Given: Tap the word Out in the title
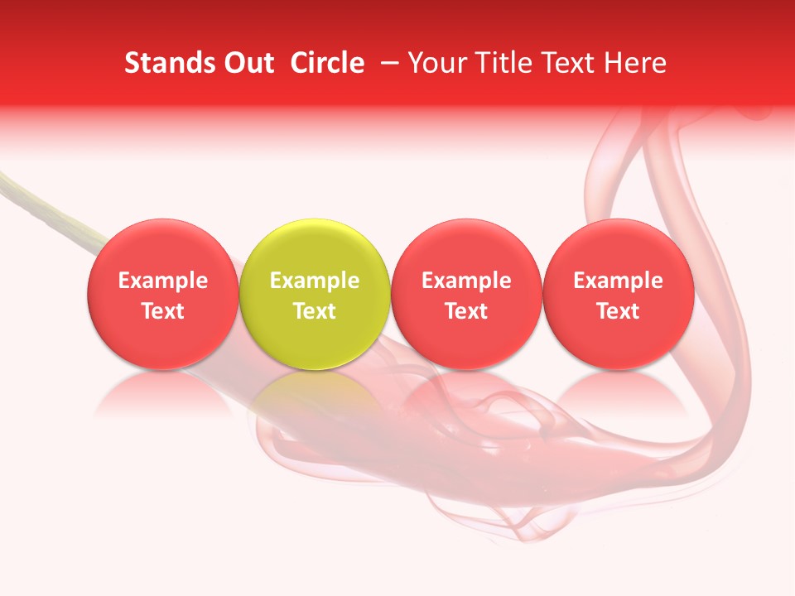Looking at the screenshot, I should (x=248, y=63).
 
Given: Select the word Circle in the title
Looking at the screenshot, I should (x=327, y=63).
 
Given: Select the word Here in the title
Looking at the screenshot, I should (x=635, y=63).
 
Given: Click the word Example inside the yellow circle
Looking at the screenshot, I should (x=315, y=281).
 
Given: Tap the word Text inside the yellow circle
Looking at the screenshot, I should (x=315, y=311).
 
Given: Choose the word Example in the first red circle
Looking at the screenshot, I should (x=163, y=281).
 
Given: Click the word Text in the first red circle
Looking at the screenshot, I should (x=163, y=311).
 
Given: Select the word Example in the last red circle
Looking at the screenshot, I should (x=618, y=281).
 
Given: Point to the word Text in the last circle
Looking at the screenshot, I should (x=618, y=311).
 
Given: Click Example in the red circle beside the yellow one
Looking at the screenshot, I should (x=466, y=281).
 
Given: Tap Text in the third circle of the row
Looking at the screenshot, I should (x=466, y=311).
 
